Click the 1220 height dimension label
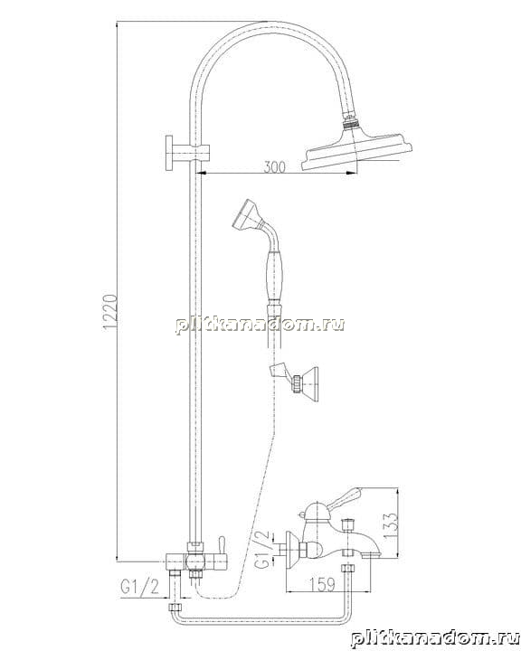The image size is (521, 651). [110, 312]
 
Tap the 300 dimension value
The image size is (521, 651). [275, 167]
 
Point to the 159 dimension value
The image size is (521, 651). [322, 585]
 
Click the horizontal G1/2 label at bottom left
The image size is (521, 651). [140, 587]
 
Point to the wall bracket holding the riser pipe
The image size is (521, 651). [185, 153]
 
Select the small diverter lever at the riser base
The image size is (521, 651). [222, 544]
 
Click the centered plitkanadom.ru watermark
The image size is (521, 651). [260, 325]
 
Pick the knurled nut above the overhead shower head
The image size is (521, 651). [352, 123]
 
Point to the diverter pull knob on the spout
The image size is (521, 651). [346, 524]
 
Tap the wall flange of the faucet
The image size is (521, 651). [291, 549]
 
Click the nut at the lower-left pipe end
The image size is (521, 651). [175, 608]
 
